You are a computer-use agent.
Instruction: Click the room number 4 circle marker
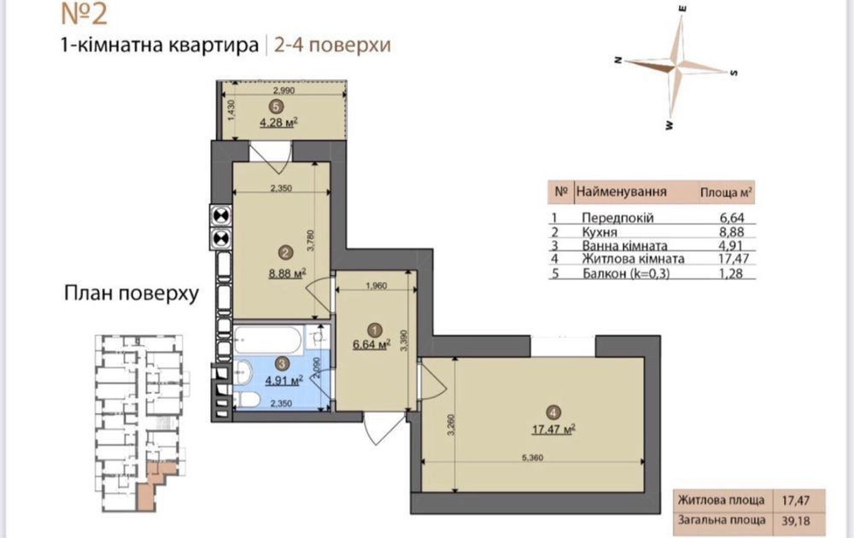tap(553, 412)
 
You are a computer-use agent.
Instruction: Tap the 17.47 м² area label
tap(553, 430)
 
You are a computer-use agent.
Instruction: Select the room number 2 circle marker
tap(285, 252)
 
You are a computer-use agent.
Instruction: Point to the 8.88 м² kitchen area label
tap(287, 272)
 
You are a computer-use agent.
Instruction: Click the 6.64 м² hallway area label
tap(371, 344)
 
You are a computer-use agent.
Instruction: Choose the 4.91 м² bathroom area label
tap(284, 381)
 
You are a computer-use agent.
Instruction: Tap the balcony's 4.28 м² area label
tap(278, 122)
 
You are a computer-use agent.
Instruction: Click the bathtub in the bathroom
tap(266, 341)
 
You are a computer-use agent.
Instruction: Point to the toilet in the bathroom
tap(248, 400)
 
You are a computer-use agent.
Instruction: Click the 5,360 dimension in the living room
tap(532, 458)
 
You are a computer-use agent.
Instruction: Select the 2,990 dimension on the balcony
tap(284, 91)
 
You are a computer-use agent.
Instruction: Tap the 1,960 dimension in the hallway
tap(376, 285)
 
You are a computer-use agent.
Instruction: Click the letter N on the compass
tap(618, 61)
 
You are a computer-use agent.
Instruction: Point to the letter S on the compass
tap(734, 73)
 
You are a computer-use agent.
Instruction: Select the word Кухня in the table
tap(600, 232)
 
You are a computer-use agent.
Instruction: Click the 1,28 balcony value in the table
tap(732, 272)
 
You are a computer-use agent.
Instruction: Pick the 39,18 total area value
tap(796, 521)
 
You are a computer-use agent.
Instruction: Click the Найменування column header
tap(622, 191)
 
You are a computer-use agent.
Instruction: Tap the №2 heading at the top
tap(84, 14)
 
